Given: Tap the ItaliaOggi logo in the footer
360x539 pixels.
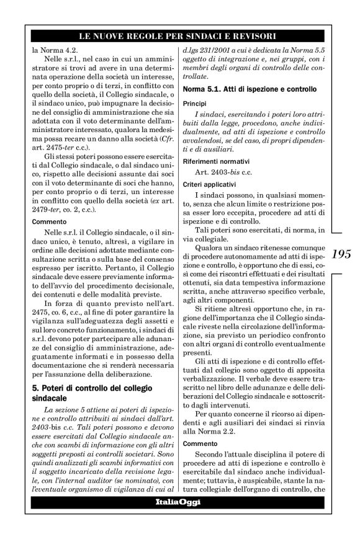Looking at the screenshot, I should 179,502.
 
